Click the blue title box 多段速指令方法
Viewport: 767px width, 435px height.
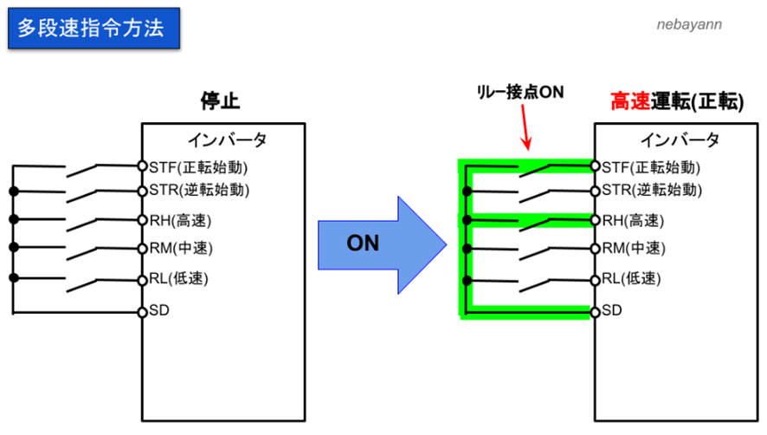coord(91,29)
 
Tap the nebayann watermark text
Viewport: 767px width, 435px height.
coord(687,25)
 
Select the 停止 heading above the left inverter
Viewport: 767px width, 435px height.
coord(219,102)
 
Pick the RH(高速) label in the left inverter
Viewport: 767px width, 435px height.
coord(180,220)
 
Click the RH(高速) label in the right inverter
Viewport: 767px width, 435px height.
coord(633,220)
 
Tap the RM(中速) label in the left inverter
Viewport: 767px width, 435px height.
coord(181,249)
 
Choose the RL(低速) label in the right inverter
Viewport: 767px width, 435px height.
coord(632,279)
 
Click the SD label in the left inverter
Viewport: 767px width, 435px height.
coord(158,309)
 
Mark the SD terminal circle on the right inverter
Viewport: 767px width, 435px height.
coord(596,310)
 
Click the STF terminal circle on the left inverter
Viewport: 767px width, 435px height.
coord(142,166)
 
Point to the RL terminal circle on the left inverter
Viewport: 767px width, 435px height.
coord(142,279)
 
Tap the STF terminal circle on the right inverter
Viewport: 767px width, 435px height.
coord(596,166)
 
